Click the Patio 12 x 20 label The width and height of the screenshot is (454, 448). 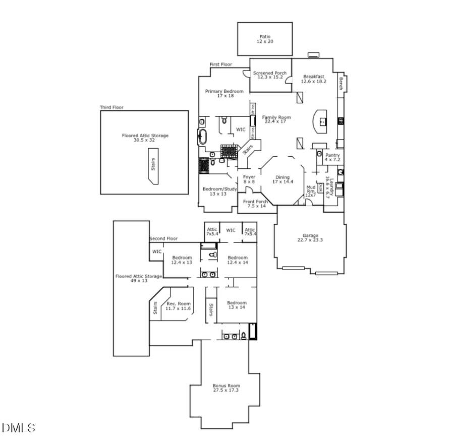click(265, 39)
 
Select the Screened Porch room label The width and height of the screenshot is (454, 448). click(270, 75)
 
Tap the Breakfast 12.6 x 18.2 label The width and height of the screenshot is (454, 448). click(313, 79)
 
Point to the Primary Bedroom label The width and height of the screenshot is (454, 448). click(224, 94)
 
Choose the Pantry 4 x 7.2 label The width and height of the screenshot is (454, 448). click(332, 157)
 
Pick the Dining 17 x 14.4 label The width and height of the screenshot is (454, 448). click(282, 179)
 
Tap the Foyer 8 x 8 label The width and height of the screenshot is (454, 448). click(249, 179)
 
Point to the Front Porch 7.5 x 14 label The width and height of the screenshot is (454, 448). click(255, 204)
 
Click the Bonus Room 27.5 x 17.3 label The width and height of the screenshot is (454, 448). click(226, 388)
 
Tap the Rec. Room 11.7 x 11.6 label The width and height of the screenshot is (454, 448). click(179, 306)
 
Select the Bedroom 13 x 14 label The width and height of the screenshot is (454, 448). click(236, 305)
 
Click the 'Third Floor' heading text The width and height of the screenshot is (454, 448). click(111, 107)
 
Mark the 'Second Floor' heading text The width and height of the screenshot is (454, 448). click(163, 238)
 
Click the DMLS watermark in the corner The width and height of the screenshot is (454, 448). click(19, 428)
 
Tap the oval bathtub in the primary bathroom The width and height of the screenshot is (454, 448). click(203, 137)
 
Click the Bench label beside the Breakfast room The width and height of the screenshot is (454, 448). click(342, 83)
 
